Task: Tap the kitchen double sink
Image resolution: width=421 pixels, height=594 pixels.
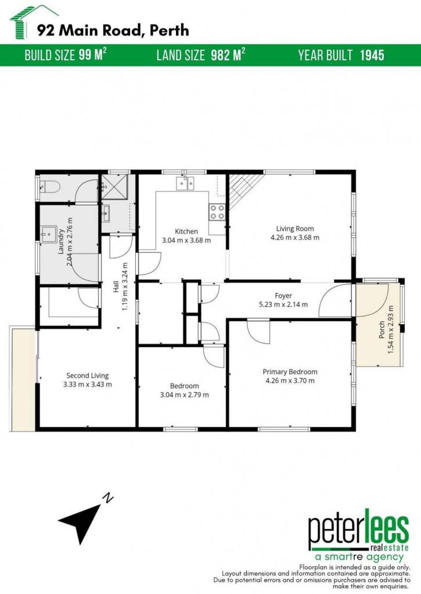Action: [185, 183]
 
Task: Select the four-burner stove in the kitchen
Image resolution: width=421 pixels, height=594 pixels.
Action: [217, 212]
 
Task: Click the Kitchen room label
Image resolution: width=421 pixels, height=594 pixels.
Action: [186, 231]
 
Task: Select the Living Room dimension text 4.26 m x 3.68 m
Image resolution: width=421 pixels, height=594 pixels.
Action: [295, 237]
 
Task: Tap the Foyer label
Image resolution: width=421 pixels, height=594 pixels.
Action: [283, 295]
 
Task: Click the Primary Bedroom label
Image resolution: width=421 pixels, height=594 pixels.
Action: [290, 372]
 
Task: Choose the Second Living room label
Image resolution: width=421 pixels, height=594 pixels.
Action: [88, 375]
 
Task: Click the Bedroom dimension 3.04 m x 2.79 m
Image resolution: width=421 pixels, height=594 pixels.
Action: [184, 394]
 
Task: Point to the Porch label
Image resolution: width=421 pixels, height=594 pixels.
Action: [382, 329]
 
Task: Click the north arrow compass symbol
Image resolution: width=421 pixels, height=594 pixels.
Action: [84, 519]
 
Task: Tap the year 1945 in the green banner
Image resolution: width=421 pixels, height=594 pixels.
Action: [372, 55]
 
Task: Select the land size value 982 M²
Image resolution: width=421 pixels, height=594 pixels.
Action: [228, 55]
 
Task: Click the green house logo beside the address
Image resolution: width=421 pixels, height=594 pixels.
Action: [23, 22]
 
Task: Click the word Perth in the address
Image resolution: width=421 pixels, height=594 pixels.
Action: [169, 30]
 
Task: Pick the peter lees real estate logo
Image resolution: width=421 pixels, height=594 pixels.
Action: [358, 534]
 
